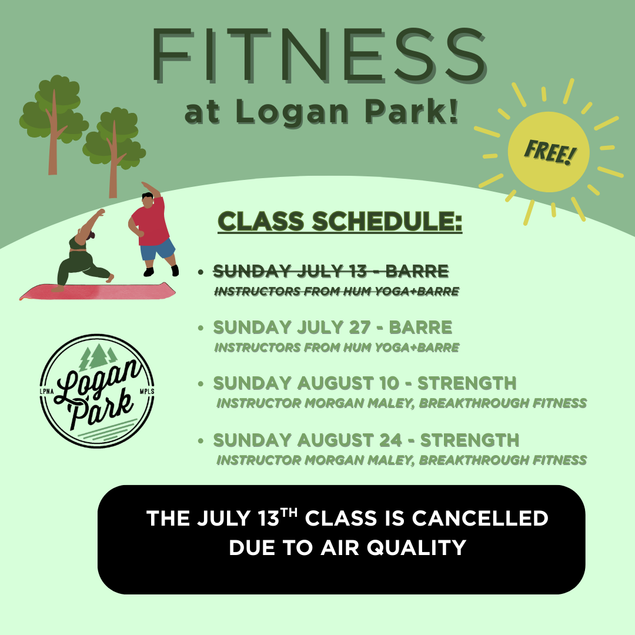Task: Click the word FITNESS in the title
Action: click(319, 55)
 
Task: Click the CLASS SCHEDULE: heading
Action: click(340, 222)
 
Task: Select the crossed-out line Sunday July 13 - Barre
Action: click(331, 271)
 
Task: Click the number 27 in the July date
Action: click(359, 327)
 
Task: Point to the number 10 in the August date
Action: click(389, 383)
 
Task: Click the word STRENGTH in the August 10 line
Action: click(467, 383)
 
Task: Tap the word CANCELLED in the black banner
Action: click(480, 519)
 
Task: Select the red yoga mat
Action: click(98, 291)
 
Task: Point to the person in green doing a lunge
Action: click(84, 251)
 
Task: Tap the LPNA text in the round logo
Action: click(46, 392)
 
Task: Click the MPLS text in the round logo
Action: click(146, 392)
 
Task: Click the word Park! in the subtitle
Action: click(412, 111)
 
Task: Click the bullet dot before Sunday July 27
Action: click(201, 328)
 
